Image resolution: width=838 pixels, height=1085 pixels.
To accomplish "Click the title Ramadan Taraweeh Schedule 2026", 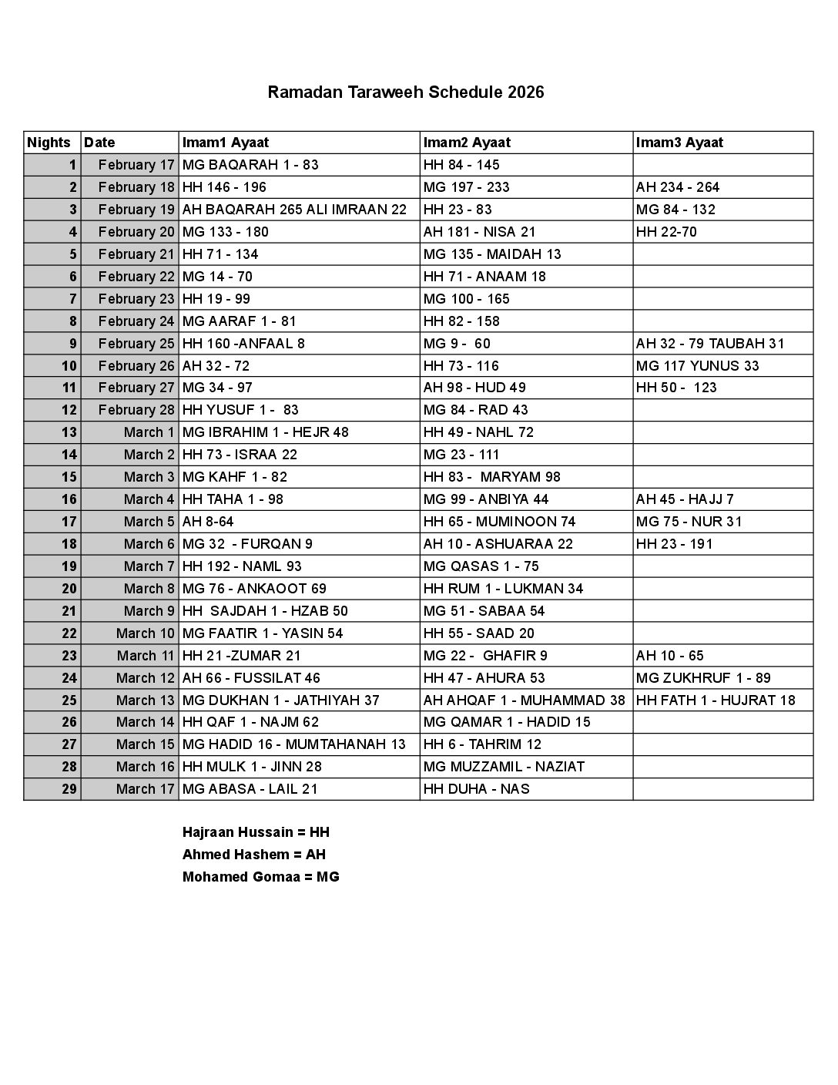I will tap(406, 92).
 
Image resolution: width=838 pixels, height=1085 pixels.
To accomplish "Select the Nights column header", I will tap(49, 143).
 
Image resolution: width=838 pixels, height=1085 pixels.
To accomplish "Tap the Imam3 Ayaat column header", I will tap(679, 143).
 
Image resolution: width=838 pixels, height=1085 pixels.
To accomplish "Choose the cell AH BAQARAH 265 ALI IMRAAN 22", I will tap(294, 210).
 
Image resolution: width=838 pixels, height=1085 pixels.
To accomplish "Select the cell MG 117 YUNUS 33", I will tap(697, 366).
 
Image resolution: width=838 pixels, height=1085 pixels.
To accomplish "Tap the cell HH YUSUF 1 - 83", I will tap(240, 410).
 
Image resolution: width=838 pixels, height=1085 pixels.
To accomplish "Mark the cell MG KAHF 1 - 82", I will tap(235, 477).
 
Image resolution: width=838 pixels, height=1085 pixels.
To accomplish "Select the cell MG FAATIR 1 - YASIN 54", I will tap(263, 633).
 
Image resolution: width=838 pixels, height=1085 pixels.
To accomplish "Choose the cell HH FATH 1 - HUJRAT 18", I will tap(716, 700).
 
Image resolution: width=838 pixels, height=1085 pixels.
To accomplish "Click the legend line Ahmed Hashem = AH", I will tap(254, 855).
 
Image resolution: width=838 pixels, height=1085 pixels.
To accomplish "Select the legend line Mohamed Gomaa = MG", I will tap(261, 877).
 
